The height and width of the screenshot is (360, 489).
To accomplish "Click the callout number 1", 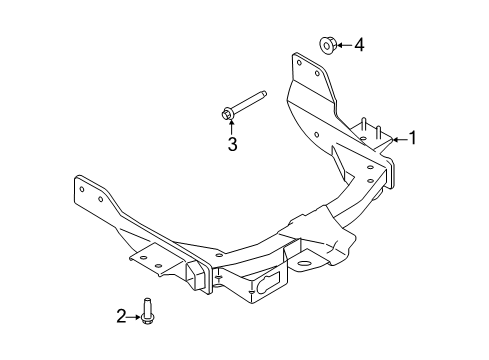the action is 413,138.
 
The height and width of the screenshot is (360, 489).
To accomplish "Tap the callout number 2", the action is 121,316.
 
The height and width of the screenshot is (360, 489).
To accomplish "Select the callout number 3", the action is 232,144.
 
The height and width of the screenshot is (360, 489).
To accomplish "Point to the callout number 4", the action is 359,45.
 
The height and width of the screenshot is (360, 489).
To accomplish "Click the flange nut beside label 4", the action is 328,45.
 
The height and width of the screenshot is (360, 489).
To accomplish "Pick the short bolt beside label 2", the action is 146,310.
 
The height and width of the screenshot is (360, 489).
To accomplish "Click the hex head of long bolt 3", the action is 227,113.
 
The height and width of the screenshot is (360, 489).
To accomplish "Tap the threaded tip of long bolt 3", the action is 263,94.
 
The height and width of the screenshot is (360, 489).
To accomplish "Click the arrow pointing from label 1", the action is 400,139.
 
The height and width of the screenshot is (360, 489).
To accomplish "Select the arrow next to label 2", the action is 134,317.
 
